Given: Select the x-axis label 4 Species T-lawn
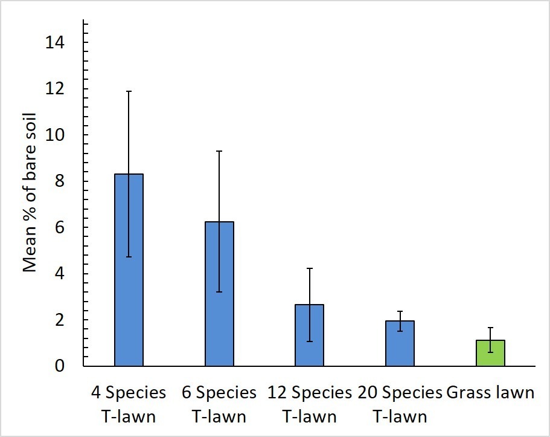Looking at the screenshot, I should pos(128,404).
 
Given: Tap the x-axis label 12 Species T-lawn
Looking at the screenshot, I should pos(310,404).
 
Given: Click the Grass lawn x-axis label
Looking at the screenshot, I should pos(490,393).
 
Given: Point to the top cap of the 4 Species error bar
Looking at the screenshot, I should pos(128,91).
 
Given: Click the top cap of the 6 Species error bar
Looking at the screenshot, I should pos(219,151).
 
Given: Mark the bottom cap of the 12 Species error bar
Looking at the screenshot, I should pos(310,342).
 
